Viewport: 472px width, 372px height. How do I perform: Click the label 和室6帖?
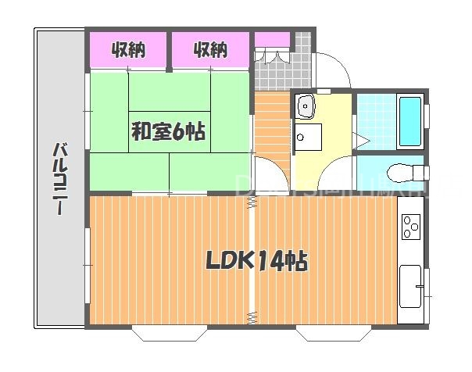[168, 132]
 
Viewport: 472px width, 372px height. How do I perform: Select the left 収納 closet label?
[128, 51]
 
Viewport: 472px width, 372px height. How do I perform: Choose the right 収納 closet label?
[210, 51]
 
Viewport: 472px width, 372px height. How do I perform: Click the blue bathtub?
[410, 121]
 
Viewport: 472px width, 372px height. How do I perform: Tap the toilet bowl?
[402, 170]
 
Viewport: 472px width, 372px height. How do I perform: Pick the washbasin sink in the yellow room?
[305, 105]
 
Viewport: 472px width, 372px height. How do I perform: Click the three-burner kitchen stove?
[410, 227]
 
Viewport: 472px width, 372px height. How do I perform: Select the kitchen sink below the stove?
[409, 285]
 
